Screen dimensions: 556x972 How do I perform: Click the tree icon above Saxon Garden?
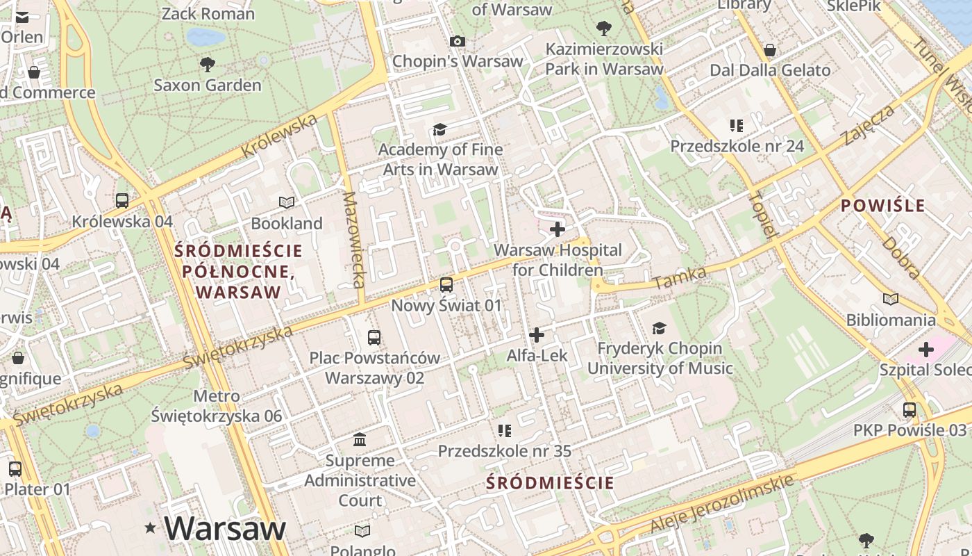tap(207, 65)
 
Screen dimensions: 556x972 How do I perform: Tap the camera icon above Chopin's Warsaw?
tap(457, 41)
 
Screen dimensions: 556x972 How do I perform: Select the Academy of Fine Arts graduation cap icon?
tap(439, 129)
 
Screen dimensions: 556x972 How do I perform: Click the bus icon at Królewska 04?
tap(122, 201)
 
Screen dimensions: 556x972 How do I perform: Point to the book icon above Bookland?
tap(287, 202)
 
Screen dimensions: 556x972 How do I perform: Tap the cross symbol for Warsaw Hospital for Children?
tap(558, 229)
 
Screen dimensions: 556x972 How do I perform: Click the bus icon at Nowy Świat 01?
tap(446, 285)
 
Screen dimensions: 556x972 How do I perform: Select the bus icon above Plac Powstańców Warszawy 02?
tap(374, 338)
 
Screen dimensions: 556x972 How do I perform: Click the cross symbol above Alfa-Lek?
tap(537, 335)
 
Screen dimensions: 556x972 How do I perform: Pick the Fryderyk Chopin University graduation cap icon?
tap(659, 327)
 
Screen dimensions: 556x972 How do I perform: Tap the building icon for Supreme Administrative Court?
tap(360, 439)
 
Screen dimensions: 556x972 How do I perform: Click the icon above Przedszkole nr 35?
tap(505, 431)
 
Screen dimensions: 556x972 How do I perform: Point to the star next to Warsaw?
tap(150, 529)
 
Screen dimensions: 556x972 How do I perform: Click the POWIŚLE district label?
tap(882, 206)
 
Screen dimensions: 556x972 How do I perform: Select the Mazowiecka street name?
tap(354, 240)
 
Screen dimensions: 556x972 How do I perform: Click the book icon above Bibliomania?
tap(891, 299)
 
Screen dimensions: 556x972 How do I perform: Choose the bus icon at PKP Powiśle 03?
tap(910, 410)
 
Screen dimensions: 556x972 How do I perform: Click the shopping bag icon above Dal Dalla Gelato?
tap(770, 50)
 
